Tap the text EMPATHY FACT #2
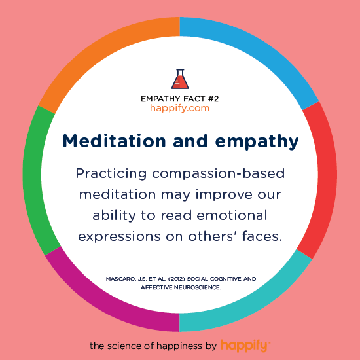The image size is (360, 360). click(179, 98)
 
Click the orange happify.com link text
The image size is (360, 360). click(179, 108)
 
